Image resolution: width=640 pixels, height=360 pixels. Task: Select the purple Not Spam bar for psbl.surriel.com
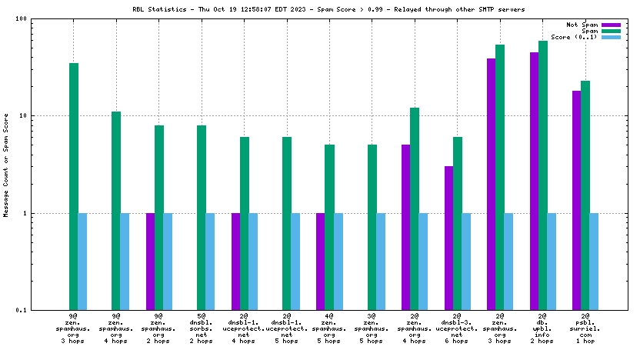[x=576, y=200]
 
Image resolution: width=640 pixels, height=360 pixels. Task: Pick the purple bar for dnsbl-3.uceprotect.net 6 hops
[x=448, y=238]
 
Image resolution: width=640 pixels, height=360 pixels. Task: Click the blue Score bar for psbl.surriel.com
[x=594, y=262]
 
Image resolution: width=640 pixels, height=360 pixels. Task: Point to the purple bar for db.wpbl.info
[x=534, y=181]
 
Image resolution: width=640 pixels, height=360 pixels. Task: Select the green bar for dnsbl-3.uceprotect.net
[x=458, y=223]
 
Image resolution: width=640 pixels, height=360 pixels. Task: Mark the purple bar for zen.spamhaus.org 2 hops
[x=151, y=262]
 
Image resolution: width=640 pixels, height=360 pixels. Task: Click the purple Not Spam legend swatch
[x=611, y=25]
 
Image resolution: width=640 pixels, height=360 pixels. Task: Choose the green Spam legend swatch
[x=611, y=31]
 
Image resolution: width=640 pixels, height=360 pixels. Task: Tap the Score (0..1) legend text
[x=574, y=37]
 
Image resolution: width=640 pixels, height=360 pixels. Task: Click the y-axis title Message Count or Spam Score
[x=7, y=165]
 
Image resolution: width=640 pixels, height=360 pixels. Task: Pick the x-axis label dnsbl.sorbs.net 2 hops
[x=201, y=328]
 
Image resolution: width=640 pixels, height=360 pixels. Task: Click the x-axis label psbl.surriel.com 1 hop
[x=585, y=328]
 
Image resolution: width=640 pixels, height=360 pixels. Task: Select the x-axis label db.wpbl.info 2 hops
[x=543, y=328]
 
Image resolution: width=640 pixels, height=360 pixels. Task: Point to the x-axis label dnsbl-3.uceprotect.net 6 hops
[x=457, y=328]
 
